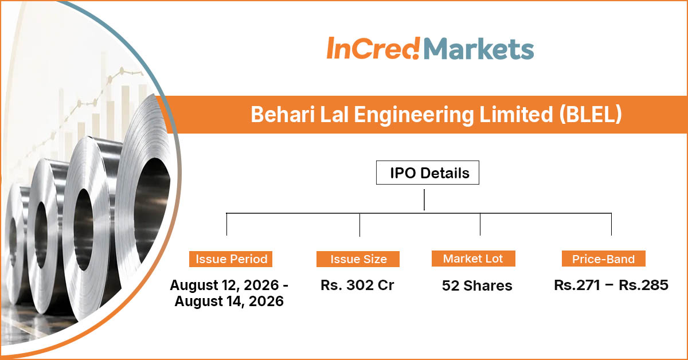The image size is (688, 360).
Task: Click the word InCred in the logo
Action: (373, 48)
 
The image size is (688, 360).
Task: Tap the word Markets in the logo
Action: (479, 49)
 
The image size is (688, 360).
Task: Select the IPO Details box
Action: (428, 173)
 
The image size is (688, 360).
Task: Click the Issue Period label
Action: (230, 259)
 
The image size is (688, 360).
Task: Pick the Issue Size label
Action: (358, 259)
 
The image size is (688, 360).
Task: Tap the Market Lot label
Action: (474, 259)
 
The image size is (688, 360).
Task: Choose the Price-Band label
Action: (604, 259)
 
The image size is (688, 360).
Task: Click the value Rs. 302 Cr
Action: (357, 285)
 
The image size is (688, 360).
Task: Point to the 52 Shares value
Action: (477, 285)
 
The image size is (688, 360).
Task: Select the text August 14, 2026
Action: (229, 302)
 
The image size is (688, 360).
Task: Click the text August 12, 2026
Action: (224, 285)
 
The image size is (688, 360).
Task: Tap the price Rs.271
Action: (577, 285)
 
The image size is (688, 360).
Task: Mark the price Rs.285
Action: (643, 285)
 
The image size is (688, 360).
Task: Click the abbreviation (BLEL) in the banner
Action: (591, 114)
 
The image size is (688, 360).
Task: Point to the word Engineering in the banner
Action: (414, 115)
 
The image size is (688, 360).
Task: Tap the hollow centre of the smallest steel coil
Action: (13, 242)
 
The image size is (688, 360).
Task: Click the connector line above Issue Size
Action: (359, 225)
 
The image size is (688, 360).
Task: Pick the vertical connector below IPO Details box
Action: (424, 199)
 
